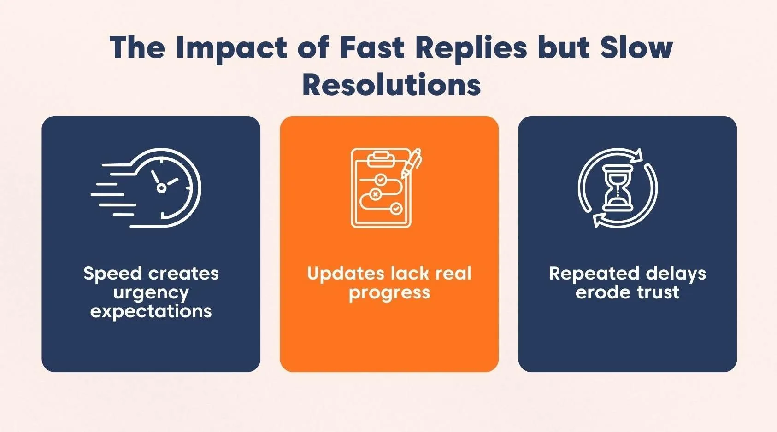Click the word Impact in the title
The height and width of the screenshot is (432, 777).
(x=231, y=47)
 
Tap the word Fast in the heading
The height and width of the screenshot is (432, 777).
(x=371, y=47)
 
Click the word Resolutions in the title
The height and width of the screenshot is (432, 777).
(x=391, y=85)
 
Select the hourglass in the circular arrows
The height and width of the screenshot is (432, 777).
(x=618, y=188)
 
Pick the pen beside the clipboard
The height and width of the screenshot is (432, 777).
(x=412, y=163)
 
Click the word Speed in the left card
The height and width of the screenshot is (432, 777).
(x=112, y=274)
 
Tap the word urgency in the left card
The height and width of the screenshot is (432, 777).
(x=151, y=293)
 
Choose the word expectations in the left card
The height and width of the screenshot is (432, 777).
(x=151, y=311)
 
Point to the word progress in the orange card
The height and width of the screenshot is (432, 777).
(x=389, y=293)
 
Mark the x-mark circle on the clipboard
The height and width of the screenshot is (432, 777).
(x=376, y=194)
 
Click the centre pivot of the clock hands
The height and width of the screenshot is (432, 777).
(x=161, y=187)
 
